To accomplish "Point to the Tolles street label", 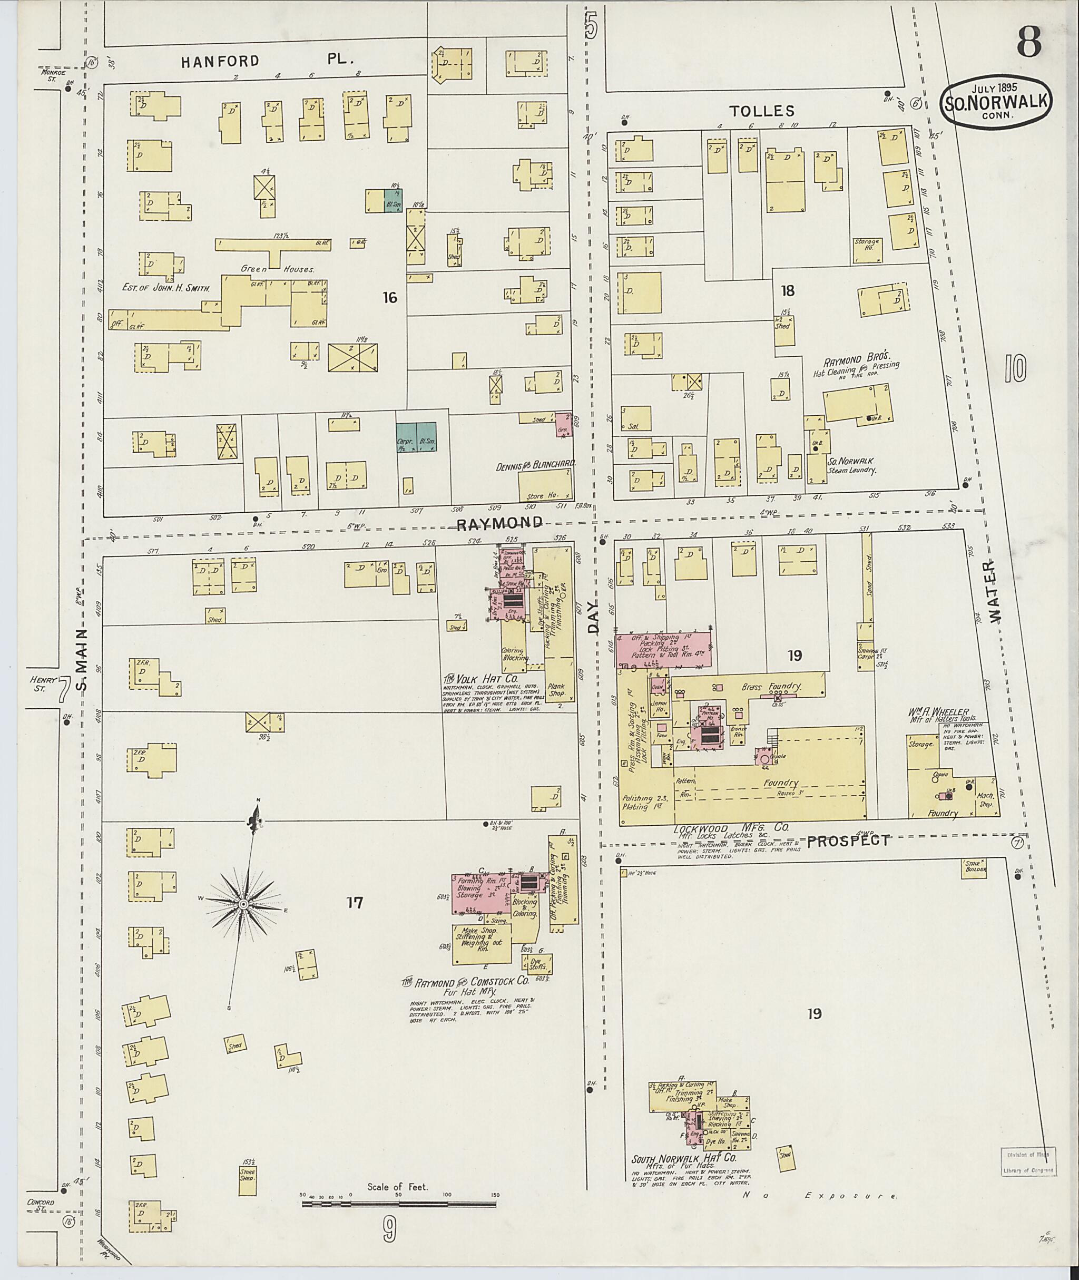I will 761,111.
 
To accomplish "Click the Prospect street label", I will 848,841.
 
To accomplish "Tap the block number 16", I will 390,298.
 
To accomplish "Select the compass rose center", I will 243,904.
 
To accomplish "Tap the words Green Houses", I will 278,268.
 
